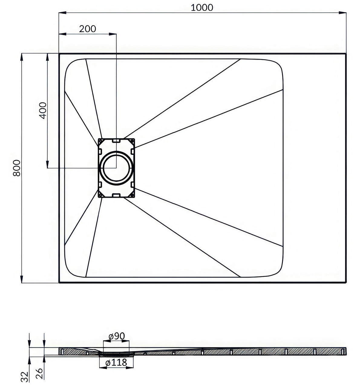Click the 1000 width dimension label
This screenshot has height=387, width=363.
click(202, 8)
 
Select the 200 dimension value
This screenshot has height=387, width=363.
click(88, 29)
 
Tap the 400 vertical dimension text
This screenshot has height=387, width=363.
click(43, 110)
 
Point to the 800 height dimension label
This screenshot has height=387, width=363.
click(17, 168)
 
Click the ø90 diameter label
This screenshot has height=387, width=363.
click(116, 336)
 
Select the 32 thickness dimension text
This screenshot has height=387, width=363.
click(25, 377)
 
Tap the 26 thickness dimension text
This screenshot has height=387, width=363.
click(39, 373)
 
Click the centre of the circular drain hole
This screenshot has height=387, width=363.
click(116, 168)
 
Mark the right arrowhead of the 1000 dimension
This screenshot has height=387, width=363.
click(342, 13)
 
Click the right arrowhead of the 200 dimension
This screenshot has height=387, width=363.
click(113, 34)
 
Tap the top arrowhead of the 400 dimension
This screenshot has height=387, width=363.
click(47, 57)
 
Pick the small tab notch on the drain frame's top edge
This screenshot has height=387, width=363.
click(116, 141)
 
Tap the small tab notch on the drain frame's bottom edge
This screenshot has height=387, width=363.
click(116, 195)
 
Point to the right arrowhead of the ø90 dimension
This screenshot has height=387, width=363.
click(126, 341)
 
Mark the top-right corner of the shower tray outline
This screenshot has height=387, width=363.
click(346, 54)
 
